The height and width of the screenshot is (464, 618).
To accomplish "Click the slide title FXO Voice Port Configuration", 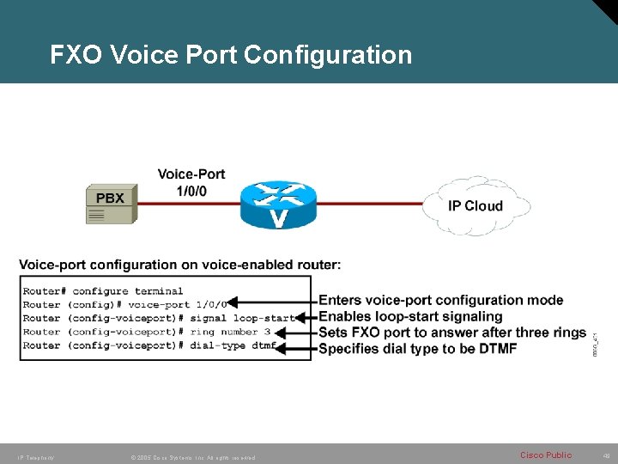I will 231,56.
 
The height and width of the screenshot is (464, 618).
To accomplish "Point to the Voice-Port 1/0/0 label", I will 191,182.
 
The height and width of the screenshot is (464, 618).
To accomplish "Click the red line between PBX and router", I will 189,204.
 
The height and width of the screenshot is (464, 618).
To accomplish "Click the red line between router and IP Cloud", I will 369,204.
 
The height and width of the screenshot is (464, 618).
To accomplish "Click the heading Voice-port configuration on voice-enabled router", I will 179,264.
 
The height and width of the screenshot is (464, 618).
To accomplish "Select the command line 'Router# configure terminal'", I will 103,291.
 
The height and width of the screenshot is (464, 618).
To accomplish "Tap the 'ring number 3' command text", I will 230,332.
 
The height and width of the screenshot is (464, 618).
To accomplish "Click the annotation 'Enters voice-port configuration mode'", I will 441,300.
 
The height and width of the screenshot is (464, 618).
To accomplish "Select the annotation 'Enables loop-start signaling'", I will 410,316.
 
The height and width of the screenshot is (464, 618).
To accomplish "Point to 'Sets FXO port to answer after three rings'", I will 452,333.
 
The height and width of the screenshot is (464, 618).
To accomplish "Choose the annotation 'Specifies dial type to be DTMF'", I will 418,348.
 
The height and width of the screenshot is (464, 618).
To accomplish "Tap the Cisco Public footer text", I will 546,455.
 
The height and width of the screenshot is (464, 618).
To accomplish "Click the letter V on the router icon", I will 279,218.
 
